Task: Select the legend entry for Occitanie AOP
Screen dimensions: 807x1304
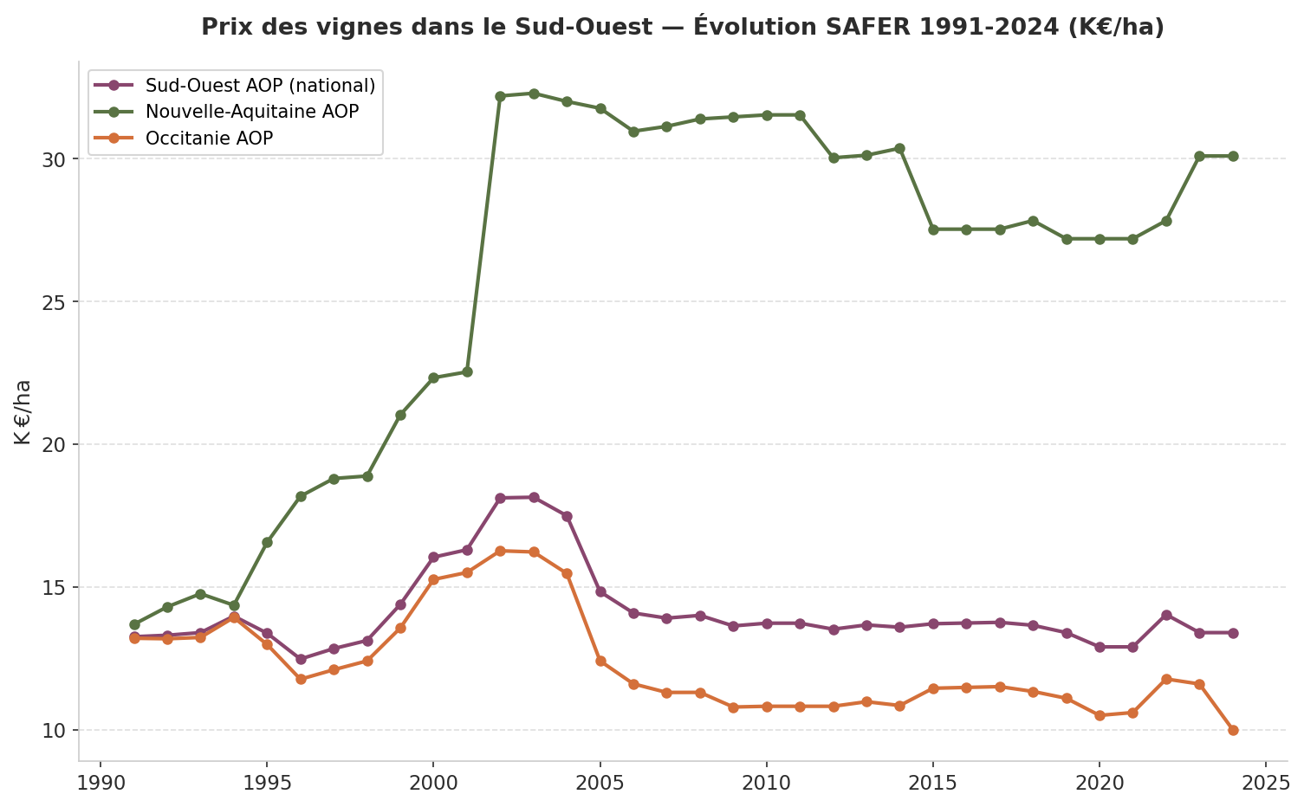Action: click(209, 139)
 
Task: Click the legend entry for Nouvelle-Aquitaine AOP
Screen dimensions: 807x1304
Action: click(251, 112)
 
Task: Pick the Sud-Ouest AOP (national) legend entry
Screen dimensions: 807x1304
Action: click(260, 85)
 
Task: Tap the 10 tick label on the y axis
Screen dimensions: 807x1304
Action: click(55, 730)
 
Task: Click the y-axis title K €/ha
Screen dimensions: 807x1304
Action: click(23, 412)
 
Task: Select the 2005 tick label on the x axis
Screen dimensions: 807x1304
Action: click(600, 784)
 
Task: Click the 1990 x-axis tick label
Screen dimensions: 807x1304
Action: click(101, 784)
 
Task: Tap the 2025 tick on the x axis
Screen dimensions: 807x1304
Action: click(1266, 784)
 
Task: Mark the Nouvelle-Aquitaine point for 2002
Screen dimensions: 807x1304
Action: click(500, 96)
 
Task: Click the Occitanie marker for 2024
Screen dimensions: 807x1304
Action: click(1232, 730)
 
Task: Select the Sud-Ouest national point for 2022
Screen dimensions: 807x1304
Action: click(1166, 615)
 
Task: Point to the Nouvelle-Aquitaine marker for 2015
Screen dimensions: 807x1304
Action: click(933, 229)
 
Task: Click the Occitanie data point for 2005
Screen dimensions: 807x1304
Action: click(600, 661)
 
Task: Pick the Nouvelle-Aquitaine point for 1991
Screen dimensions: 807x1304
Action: click(134, 624)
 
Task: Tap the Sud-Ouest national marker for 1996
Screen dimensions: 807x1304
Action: click(301, 659)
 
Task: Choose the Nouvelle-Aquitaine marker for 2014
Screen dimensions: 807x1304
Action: click(899, 148)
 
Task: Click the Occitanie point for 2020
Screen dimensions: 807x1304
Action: click(1100, 715)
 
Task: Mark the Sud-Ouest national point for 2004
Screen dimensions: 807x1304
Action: click(567, 516)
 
